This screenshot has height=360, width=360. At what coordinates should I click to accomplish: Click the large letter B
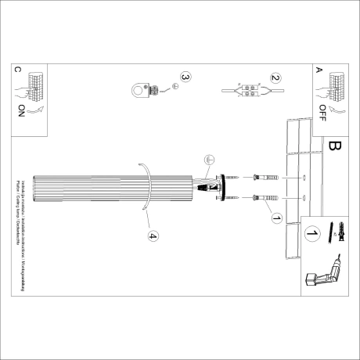(335, 146)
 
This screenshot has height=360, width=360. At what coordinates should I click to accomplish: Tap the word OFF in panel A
(323, 115)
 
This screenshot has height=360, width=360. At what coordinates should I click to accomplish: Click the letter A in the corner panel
(318, 70)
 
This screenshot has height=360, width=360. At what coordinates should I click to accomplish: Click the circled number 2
(275, 78)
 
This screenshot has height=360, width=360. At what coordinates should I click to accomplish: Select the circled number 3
(185, 77)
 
